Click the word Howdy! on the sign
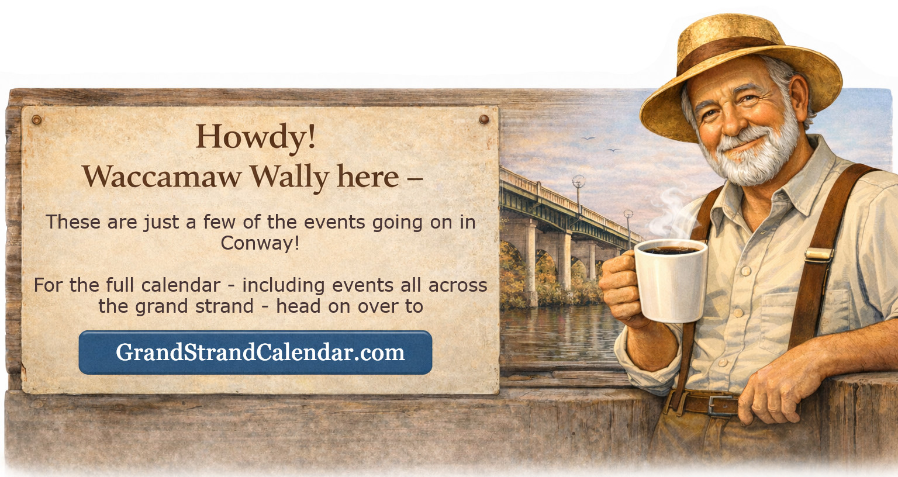255,137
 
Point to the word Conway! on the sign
260,243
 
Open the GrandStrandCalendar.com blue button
255,352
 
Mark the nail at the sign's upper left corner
37,120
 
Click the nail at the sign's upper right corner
483,119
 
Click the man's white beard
754,155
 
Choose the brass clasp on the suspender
818,254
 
